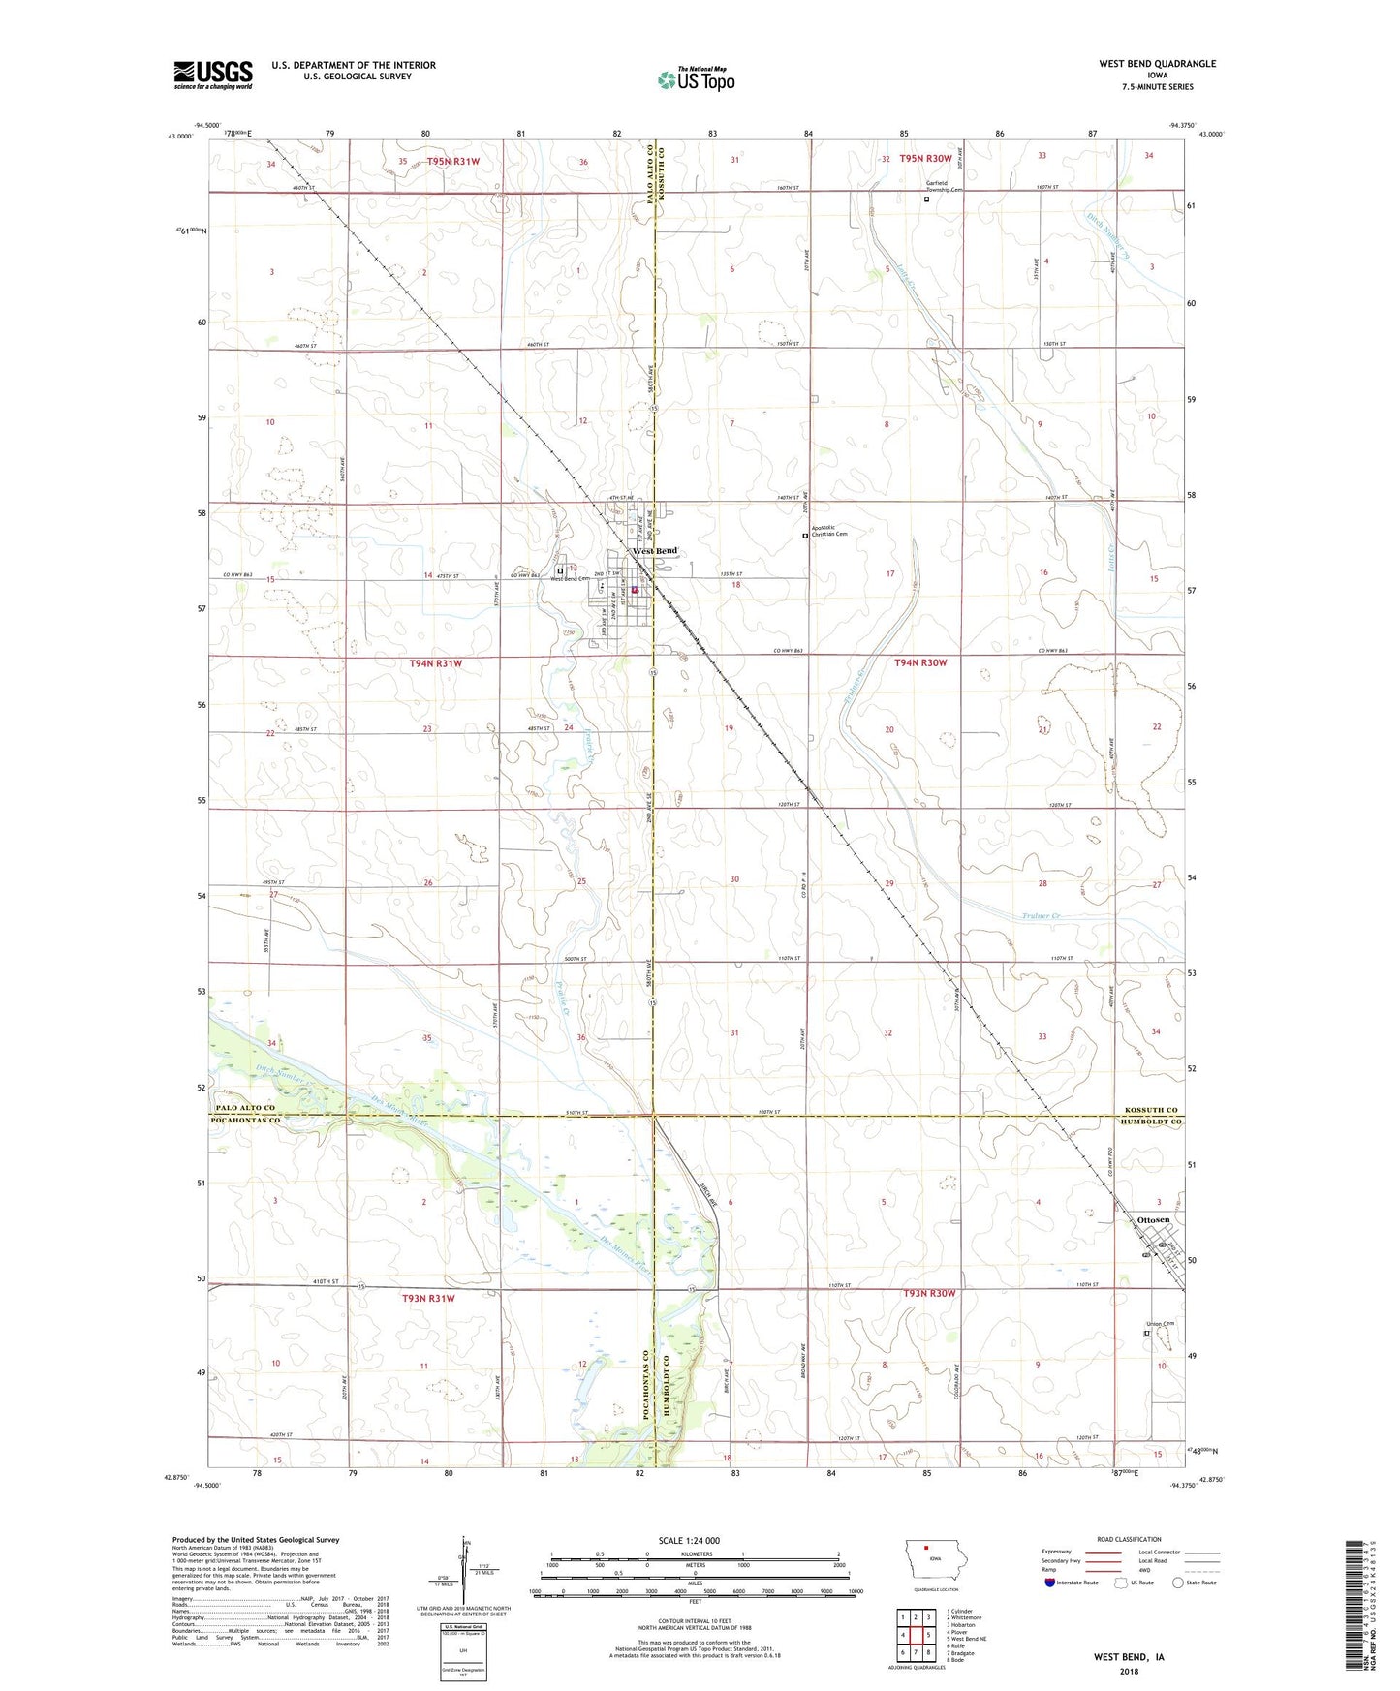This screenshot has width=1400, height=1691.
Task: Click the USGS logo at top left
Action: point(213,75)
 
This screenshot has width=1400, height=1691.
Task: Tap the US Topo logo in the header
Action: point(696,79)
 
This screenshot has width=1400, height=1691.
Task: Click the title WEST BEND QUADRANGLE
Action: point(1157,64)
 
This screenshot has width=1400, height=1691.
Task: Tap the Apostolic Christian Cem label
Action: point(829,531)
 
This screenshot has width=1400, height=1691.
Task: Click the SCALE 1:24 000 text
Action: point(689,1540)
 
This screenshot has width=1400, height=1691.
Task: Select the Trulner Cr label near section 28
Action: point(1042,916)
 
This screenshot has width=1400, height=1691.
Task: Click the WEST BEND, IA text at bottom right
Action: point(1129,1657)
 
